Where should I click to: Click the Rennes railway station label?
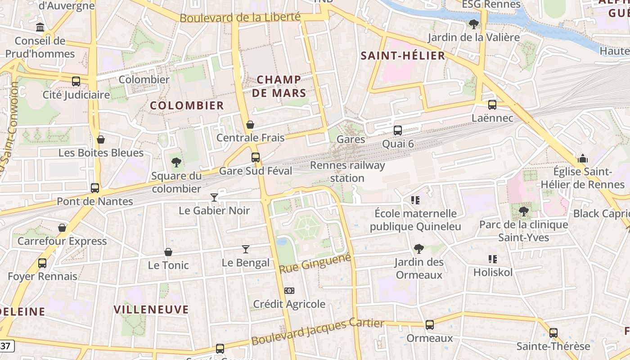tap(347, 171)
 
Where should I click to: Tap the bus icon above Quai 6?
tap(398, 130)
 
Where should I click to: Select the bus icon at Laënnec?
tap(492, 105)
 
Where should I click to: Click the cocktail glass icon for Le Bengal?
tap(246, 249)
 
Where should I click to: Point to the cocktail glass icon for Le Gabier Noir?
tap(214, 197)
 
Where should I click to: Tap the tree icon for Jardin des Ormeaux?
tap(418, 248)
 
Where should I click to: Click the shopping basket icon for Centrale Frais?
tap(250, 125)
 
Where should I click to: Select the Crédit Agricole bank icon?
tap(289, 291)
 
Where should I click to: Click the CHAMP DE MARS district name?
tap(279, 86)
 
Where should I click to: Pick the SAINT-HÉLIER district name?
tap(403, 56)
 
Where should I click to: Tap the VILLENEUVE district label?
tap(151, 310)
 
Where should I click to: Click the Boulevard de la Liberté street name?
tap(240, 18)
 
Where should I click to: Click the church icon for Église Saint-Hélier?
tap(583, 158)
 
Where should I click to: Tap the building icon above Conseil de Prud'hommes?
tap(40, 27)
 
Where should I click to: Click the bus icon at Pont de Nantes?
tap(95, 188)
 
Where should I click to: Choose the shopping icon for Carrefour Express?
tap(62, 228)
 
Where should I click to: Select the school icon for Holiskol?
tap(493, 259)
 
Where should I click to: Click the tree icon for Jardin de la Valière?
tap(473, 24)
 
